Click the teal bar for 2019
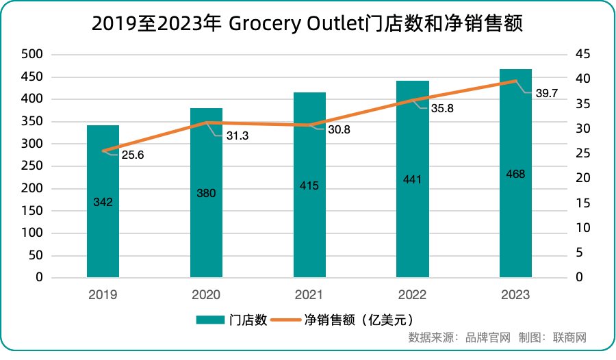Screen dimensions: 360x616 103,226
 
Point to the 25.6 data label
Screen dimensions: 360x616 133,155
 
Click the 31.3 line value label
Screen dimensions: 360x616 238,136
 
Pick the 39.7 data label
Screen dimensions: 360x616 546,93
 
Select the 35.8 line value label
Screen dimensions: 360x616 442,108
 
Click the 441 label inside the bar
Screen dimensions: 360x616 413,179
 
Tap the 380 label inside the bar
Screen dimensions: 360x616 206,193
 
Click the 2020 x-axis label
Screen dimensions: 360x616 206,295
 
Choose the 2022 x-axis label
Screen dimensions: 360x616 413,295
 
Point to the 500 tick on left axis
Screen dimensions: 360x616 33,54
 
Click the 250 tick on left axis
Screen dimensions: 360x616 33,166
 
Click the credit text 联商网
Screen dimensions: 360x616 569,337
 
